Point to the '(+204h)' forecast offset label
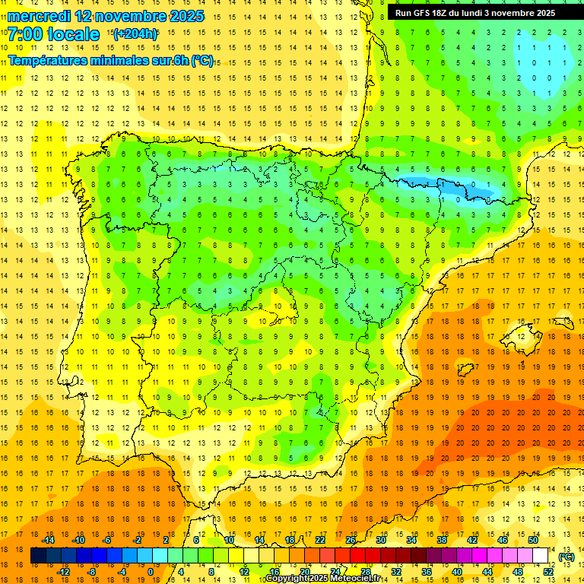tap(135, 34)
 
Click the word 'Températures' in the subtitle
tap(45, 60)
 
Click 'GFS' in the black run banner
tap(424, 13)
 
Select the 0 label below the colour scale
tap(151, 571)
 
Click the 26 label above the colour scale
tap(351, 540)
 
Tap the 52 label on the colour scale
tap(548, 571)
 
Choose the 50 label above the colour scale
tap(533, 540)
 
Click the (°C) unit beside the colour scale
tap(567, 557)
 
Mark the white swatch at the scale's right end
tap(541, 556)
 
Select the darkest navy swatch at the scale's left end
tap(38, 556)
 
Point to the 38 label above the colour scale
tap(442, 540)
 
